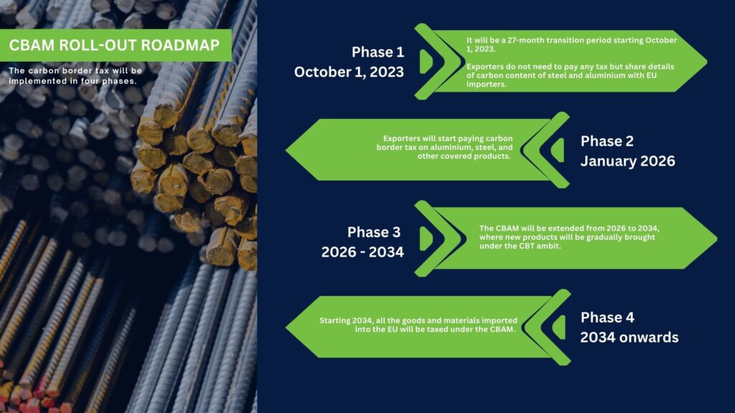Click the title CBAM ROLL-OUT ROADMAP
point(114,45)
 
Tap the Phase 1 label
point(378,52)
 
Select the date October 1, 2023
point(349,72)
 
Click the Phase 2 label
point(607,141)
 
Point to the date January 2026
point(627,161)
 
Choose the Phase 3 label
point(373,232)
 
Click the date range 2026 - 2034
point(362,252)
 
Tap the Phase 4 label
point(607,318)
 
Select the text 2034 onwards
point(629,338)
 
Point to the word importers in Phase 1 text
point(486,85)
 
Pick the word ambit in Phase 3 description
point(549,246)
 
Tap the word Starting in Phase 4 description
point(334,321)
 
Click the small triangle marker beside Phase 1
point(426,62)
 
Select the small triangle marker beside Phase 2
point(557,151)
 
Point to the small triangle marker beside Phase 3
point(426,239)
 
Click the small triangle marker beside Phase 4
point(558,327)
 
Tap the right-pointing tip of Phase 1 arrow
point(706,61)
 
